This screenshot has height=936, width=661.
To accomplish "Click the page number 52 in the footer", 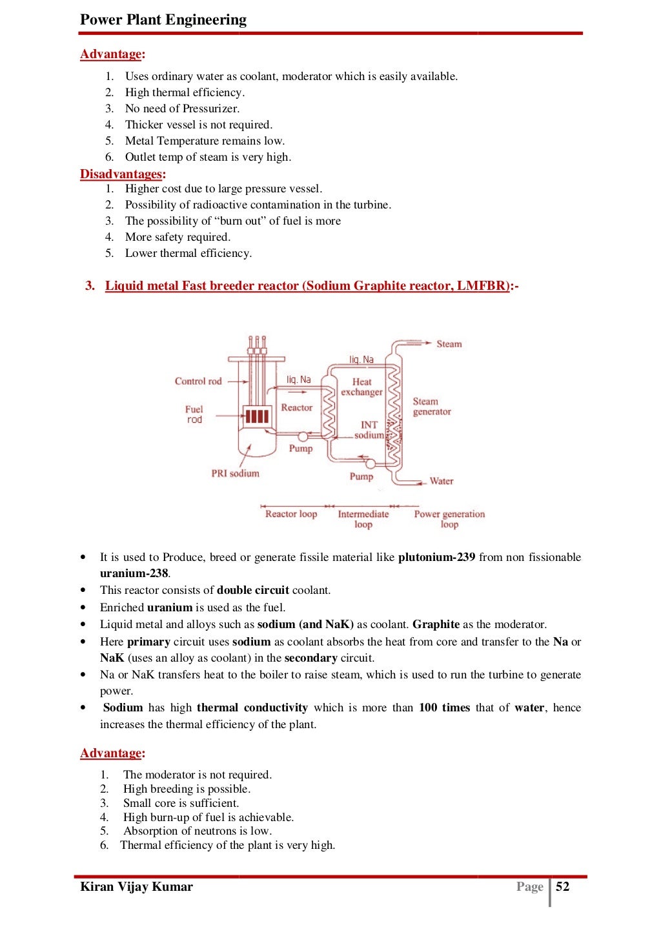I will [x=563, y=886].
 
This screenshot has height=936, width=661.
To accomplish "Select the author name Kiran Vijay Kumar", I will [x=136, y=886].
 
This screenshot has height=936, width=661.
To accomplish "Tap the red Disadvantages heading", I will [x=121, y=174].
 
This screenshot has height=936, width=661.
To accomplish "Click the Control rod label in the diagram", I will [x=198, y=381].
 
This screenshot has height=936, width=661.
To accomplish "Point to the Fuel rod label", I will [x=194, y=414].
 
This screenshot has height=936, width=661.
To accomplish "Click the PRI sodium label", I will [x=235, y=473].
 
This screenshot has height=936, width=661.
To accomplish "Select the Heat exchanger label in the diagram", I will [x=361, y=387].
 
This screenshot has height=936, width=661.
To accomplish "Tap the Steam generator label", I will [x=431, y=406].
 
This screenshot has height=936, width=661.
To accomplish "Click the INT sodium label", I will [x=369, y=429].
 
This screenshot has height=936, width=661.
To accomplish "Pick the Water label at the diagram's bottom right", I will [x=442, y=481].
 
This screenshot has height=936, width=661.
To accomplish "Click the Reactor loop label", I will [x=291, y=514].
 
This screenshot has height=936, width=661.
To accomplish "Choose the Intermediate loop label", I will [x=363, y=519].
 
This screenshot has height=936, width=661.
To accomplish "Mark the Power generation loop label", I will [x=449, y=519].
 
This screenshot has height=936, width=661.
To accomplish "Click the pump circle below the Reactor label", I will [x=303, y=436].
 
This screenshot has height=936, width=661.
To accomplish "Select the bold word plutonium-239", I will [x=437, y=557].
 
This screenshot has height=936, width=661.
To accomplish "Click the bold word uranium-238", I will [x=134, y=573].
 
